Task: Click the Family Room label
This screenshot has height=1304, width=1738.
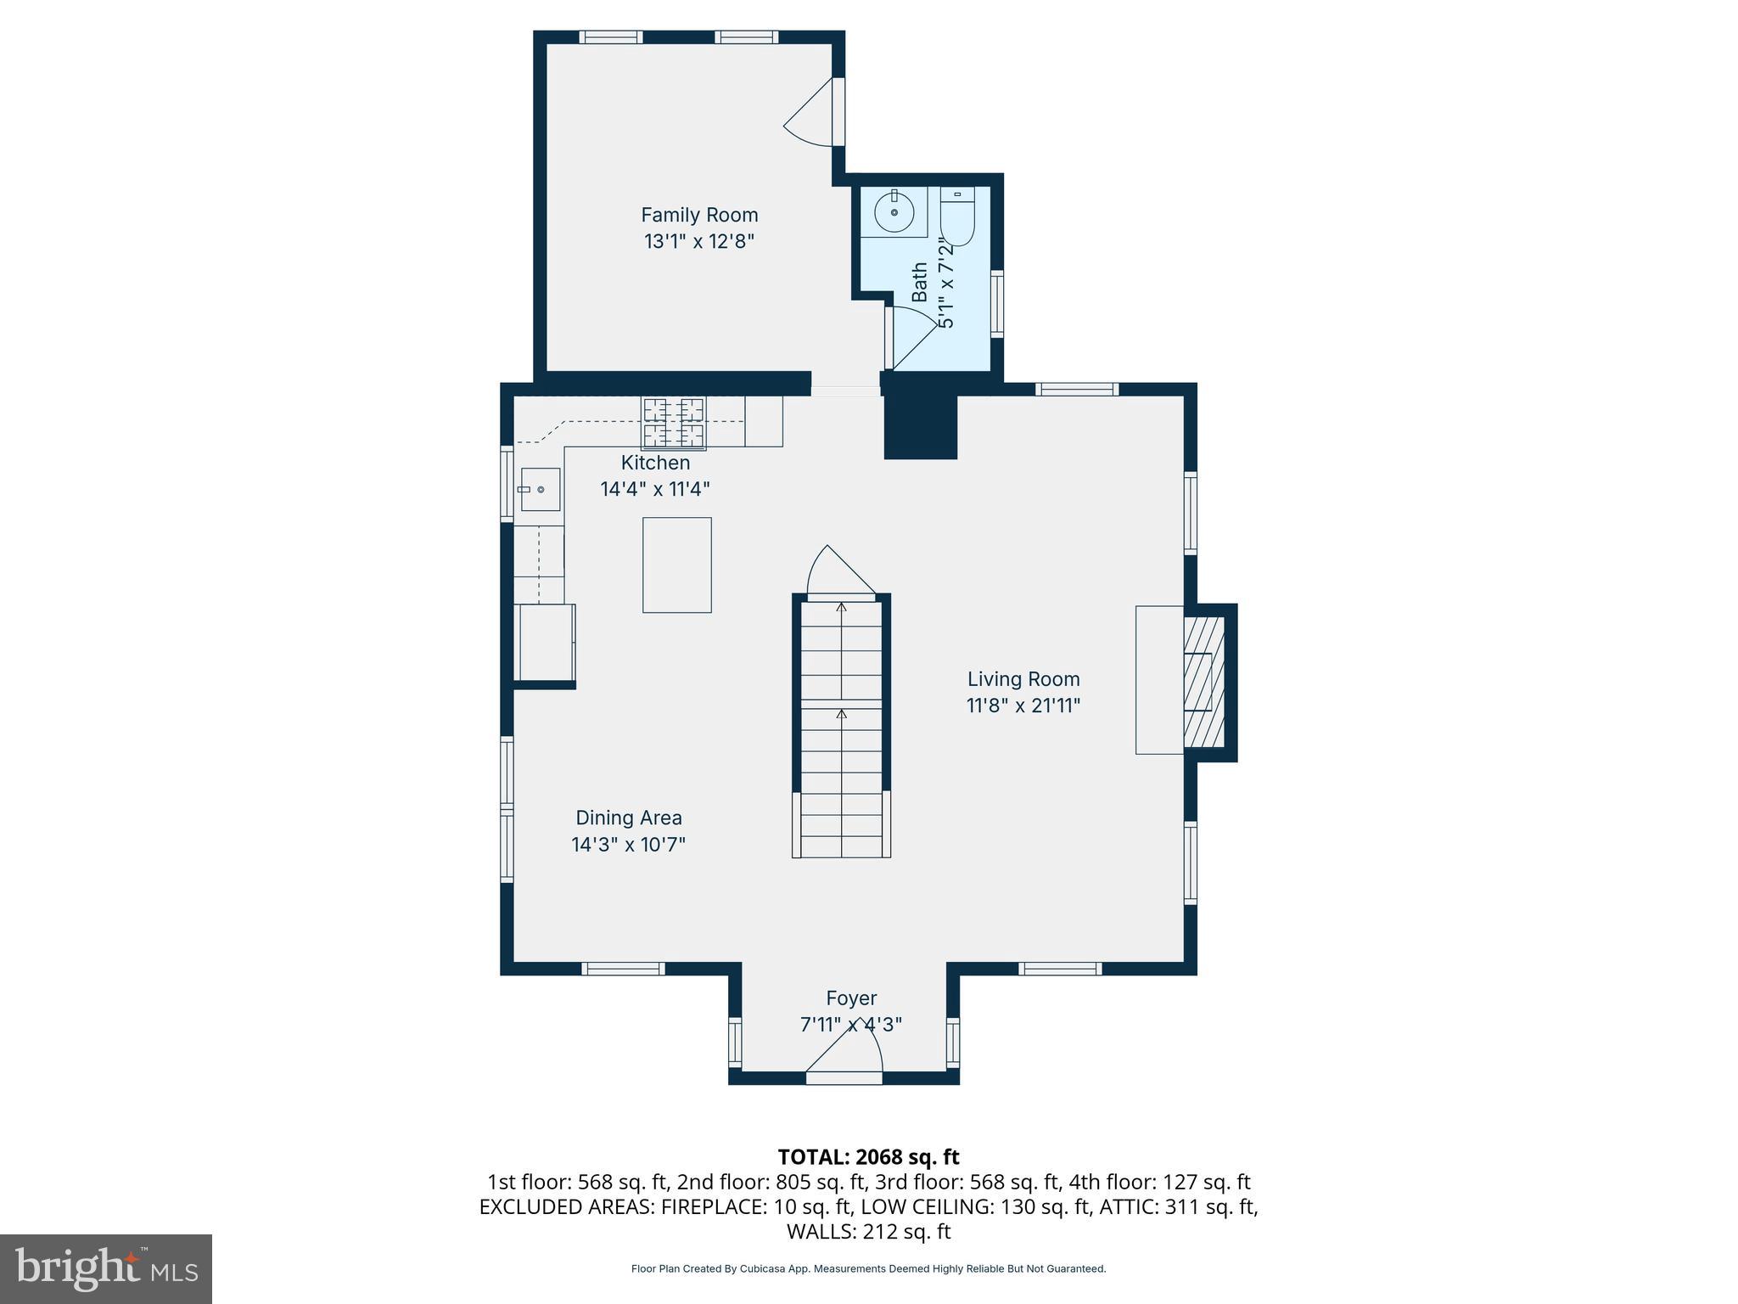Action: click(x=698, y=215)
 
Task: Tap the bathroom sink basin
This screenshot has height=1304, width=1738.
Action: click(x=894, y=212)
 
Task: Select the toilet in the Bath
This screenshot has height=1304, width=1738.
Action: click(x=958, y=217)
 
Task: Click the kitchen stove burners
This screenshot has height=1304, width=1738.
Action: click(x=674, y=423)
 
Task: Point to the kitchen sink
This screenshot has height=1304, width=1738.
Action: click(x=540, y=490)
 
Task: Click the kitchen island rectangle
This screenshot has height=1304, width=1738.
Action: click(x=676, y=565)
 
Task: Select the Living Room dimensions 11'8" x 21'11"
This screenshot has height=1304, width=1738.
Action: click(x=1023, y=705)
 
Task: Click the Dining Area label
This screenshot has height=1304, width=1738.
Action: click(x=628, y=818)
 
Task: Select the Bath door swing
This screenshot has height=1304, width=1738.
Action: click(x=910, y=337)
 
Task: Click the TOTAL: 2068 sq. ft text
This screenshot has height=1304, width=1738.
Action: click(x=868, y=1156)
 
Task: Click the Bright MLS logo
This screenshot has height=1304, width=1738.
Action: click(x=106, y=1268)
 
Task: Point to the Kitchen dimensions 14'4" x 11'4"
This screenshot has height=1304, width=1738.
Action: click(x=654, y=489)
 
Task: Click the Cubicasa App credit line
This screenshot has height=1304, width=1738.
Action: click(x=868, y=1269)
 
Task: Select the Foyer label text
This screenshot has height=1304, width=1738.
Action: click(x=851, y=998)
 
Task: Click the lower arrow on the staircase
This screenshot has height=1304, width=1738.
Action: click(x=841, y=716)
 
